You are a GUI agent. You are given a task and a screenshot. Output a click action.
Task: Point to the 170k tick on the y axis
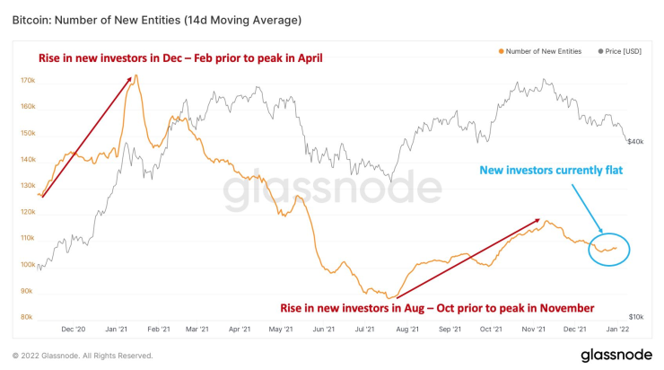point(27,81)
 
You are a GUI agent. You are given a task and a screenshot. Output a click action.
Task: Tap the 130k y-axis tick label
point(27,186)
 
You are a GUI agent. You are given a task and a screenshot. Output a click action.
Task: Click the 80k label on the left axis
point(27,317)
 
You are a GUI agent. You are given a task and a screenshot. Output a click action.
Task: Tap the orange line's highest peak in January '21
point(135,75)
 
